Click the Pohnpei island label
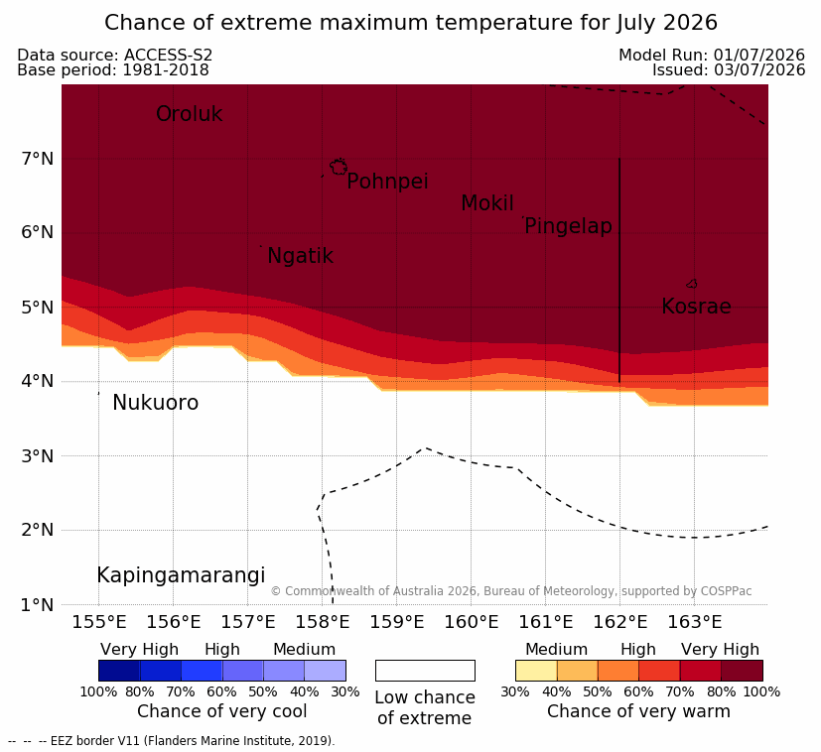(x=387, y=182)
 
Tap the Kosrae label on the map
(x=696, y=307)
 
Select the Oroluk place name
(x=189, y=114)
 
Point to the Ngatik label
(x=300, y=256)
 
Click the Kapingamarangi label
(x=181, y=575)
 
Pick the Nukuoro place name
(x=156, y=403)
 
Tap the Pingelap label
(x=568, y=226)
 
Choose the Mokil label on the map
(x=487, y=203)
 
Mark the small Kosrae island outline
(x=692, y=284)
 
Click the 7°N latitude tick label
(x=38, y=159)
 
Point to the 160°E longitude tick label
(x=472, y=622)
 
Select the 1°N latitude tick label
(x=38, y=605)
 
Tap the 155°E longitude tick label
(x=99, y=622)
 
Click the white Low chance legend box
(x=425, y=671)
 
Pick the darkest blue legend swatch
(x=119, y=671)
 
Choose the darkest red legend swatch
(x=742, y=671)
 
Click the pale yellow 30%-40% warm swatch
(x=536, y=671)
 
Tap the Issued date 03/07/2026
(x=759, y=70)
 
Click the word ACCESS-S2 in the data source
(x=168, y=55)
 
